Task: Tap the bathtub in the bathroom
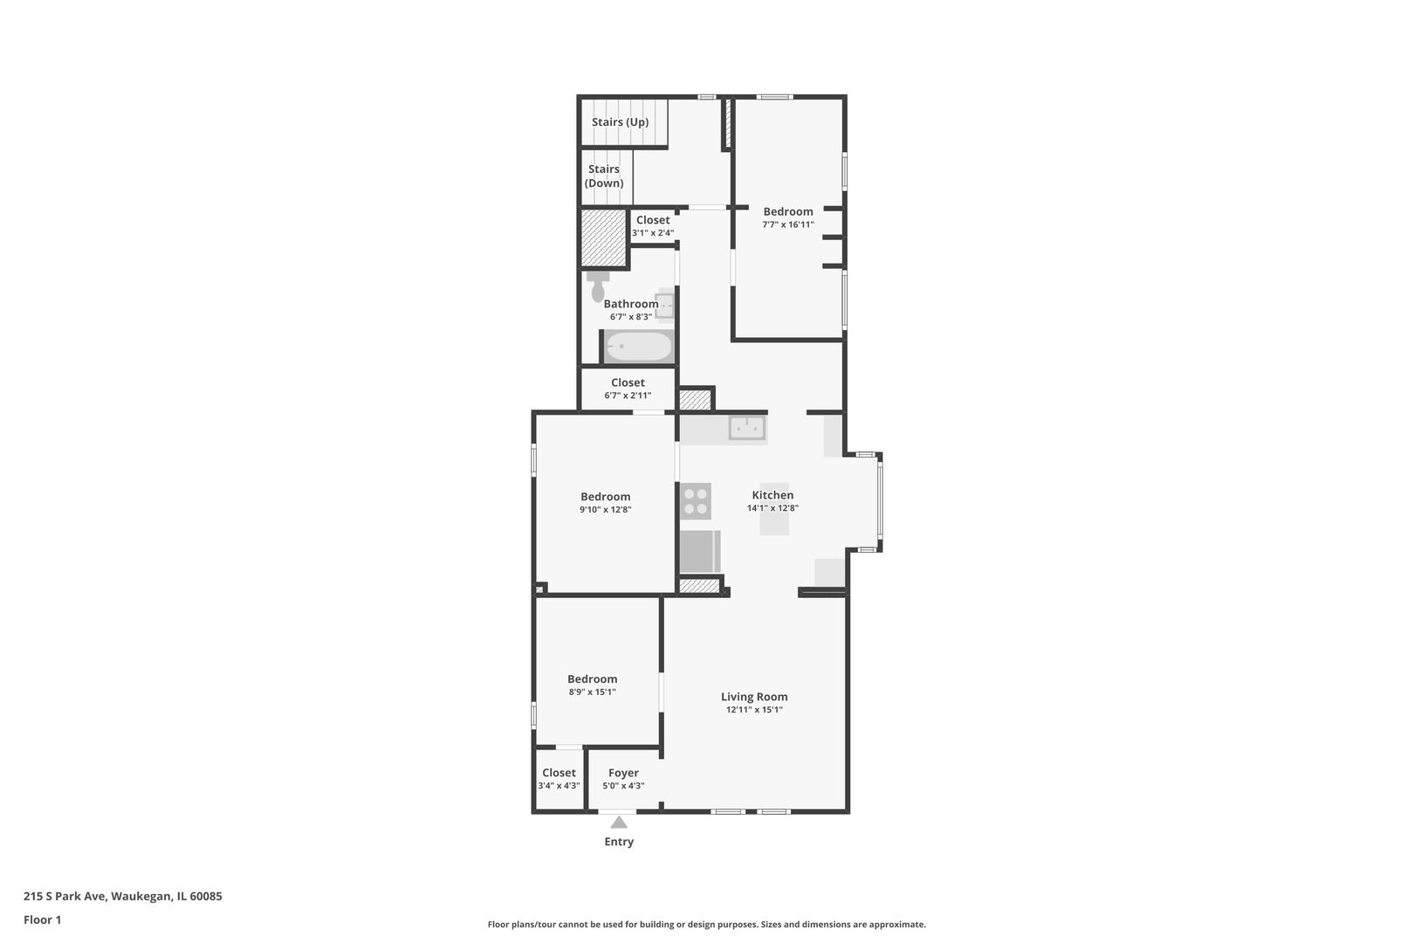[x=639, y=347]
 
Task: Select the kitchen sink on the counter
[x=746, y=428]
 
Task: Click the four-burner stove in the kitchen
[x=696, y=501]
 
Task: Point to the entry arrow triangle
[x=619, y=823]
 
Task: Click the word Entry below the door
[x=619, y=842]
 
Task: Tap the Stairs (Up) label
[x=620, y=122]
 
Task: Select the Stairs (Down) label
[x=604, y=176]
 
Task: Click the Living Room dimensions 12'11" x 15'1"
[x=754, y=710]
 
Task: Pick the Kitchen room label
[x=772, y=495]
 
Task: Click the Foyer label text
[x=623, y=773]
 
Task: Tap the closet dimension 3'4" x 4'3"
[x=559, y=786]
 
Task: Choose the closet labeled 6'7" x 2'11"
[x=628, y=389]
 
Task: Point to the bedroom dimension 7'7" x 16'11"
[x=787, y=224]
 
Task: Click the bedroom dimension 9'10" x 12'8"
[x=605, y=510]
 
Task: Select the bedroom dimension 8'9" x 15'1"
[x=592, y=692]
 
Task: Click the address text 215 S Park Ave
[x=122, y=896]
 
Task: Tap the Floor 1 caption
[x=42, y=919]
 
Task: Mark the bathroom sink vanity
[x=665, y=306]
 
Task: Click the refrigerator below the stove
[x=699, y=551]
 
